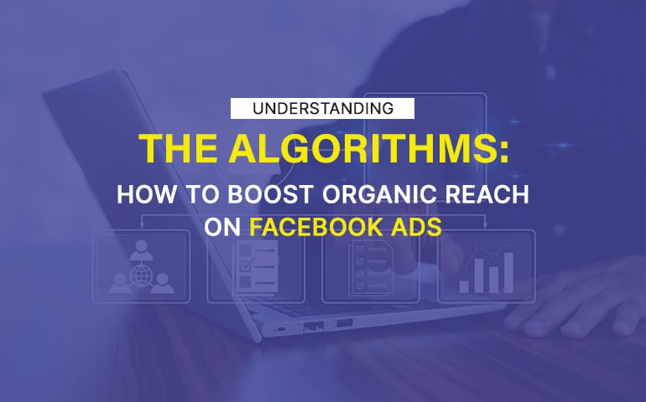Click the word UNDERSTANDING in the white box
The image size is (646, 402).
point(323,108)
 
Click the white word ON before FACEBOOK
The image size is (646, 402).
point(222,226)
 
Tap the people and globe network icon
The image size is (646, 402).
point(142,267)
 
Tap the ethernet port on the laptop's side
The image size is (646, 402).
point(315,325)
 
